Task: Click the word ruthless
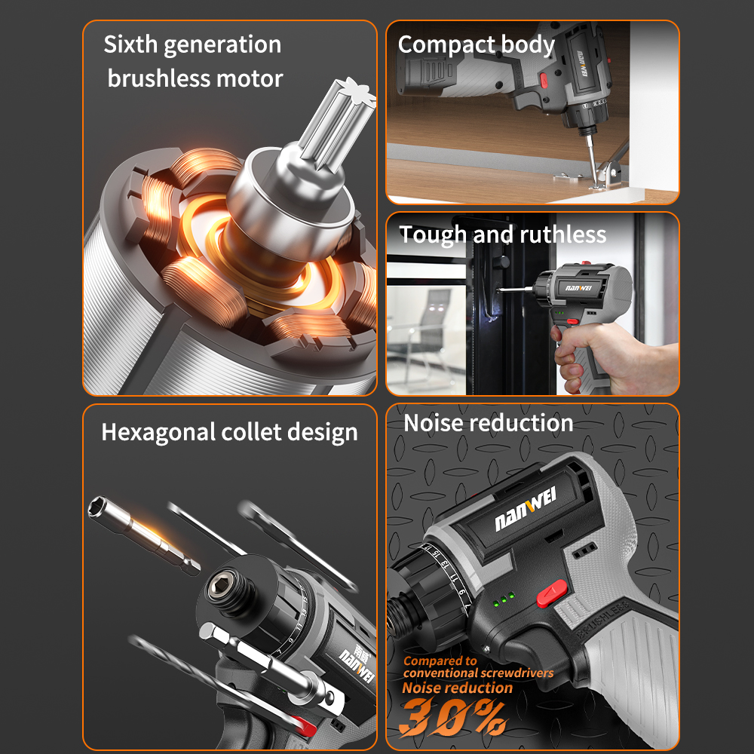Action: pos(562,234)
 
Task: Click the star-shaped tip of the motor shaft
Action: pos(357,91)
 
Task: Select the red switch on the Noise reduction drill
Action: pos(552,593)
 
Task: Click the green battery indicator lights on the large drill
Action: pos(504,599)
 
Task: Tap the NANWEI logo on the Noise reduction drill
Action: pos(525,509)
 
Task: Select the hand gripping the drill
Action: pos(611,356)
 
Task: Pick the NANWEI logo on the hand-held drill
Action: pos(578,288)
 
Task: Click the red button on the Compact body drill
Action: pos(544,81)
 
